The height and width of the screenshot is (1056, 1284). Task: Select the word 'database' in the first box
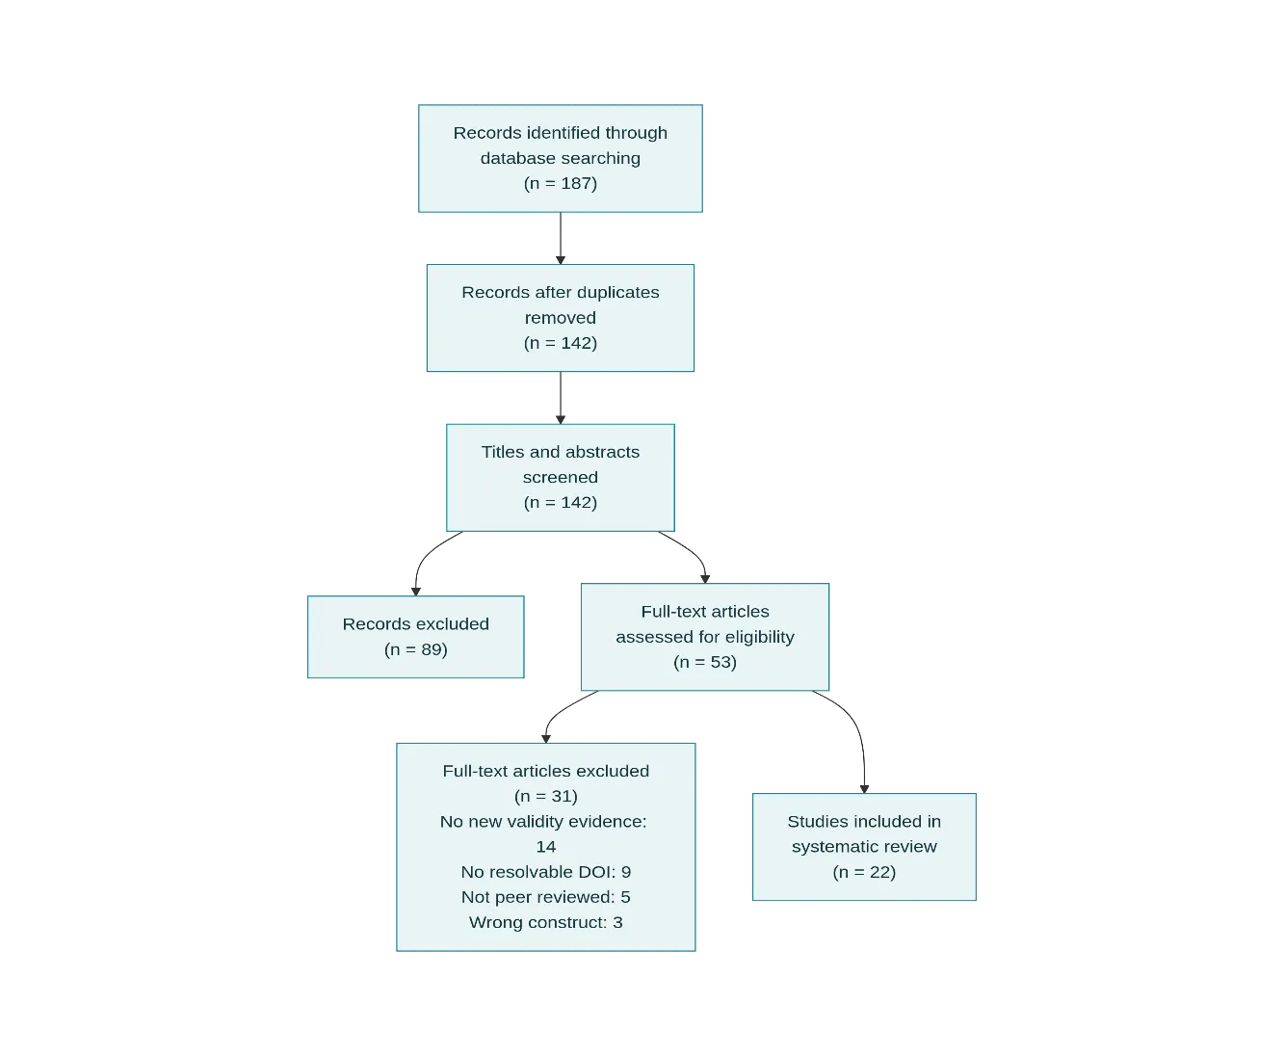pos(509,158)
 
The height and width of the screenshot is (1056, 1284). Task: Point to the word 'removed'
pos(560,318)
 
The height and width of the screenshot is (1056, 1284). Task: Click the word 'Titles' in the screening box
pos(503,452)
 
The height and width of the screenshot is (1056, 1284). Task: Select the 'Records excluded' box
pos(416,637)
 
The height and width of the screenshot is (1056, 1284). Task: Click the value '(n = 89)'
pos(416,649)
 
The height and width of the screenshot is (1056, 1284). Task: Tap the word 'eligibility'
pos(759,637)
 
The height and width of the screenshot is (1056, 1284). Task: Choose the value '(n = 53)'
pos(705,662)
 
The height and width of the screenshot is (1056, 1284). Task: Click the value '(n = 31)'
pos(545,797)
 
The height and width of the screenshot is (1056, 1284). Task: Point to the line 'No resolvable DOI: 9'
pos(545,872)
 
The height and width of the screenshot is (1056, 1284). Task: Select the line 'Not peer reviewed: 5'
pos(545,897)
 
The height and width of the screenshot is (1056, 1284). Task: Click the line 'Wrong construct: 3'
pos(545,923)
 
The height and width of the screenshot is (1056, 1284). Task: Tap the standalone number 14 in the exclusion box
pos(545,847)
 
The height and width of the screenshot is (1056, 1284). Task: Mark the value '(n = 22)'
pos(864,872)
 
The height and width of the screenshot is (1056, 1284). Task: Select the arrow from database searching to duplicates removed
pos(560,238)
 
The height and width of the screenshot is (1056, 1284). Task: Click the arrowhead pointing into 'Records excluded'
pos(416,592)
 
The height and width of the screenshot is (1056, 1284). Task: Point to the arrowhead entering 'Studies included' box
pos(864,789)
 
